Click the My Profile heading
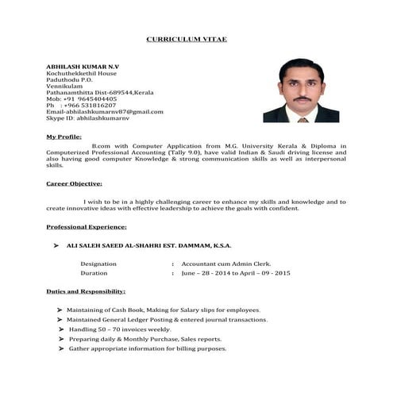tap(64, 137)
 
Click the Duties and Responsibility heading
tap(86, 291)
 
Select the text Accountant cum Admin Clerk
tap(225, 263)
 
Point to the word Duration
tap(94, 272)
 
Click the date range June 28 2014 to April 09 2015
tap(236, 272)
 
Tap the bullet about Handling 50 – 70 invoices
tap(120, 329)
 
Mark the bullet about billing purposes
tap(148, 349)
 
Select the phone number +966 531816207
tap(89, 105)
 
